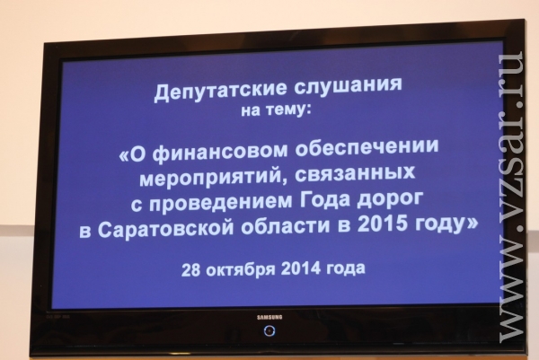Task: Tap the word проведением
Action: (x=221, y=202)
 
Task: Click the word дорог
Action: (x=390, y=200)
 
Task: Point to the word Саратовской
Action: (x=165, y=229)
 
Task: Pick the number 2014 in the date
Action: (x=301, y=268)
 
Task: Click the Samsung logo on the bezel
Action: (x=269, y=318)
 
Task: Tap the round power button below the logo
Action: (x=269, y=330)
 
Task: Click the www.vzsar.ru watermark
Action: (x=512, y=197)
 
